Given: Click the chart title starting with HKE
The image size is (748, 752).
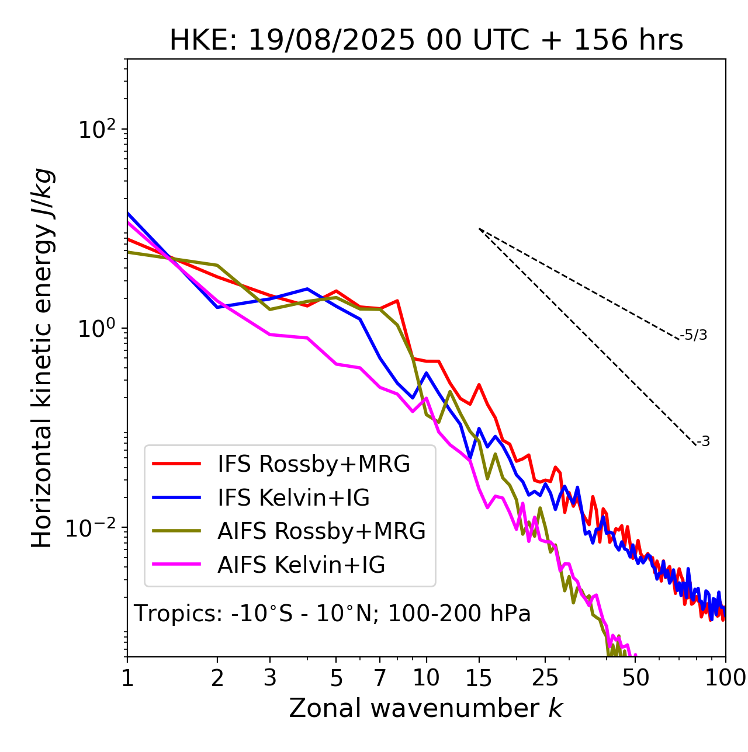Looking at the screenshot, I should click(x=426, y=41).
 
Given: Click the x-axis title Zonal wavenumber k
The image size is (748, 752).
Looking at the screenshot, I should click(x=425, y=708).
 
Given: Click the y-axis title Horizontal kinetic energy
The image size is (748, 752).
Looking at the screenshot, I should click(x=43, y=358).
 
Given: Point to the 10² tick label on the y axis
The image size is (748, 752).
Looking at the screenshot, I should click(x=96, y=130).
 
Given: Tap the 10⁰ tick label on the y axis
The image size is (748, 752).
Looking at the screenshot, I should click(x=96, y=329).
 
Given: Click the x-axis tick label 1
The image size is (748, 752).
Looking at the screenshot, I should click(x=127, y=678).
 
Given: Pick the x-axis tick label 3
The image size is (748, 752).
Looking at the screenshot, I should click(x=270, y=678).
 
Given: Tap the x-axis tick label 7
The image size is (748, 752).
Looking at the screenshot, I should click(x=380, y=678).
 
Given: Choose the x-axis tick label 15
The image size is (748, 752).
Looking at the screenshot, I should click(x=479, y=678).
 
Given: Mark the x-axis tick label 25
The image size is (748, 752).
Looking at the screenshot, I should click(x=545, y=678).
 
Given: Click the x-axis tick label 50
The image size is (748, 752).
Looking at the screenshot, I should click(x=635, y=678).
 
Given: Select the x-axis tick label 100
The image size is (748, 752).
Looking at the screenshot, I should click(x=725, y=678).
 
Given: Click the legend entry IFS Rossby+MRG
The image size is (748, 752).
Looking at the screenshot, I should click(x=313, y=464).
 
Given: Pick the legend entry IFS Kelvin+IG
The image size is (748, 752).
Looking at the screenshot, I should click(x=293, y=498).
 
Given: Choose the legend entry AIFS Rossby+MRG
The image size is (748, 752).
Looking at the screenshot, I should click(x=321, y=531).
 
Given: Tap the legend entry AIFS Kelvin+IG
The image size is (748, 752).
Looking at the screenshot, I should click(x=301, y=565).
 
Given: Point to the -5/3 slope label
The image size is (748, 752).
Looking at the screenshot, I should click(x=694, y=336).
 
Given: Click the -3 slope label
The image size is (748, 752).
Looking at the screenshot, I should click(x=703, y=442).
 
